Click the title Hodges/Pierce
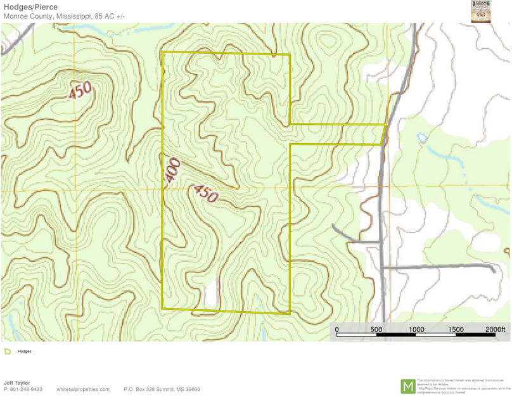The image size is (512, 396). click(30, 7)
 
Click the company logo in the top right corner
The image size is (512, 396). click(481, 11)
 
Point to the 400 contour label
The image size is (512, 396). click(173, 170)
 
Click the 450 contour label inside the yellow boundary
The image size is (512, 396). click(205, 193)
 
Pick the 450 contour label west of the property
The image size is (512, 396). click(80, 90)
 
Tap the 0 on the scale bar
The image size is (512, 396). click(336, 329)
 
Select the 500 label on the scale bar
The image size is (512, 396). click(376, 329)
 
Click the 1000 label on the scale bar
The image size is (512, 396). click(416, 329)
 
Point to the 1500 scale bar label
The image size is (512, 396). click(456, 329)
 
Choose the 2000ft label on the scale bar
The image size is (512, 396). click(495, 329)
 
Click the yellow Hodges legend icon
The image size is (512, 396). click(8, 351)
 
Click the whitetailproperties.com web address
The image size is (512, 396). click(82, 390)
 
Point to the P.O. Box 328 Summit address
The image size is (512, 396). click(162, 390)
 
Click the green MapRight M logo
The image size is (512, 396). click(408, 386)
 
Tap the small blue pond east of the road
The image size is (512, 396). click(421, 137)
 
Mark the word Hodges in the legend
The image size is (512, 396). click(24, 351)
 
